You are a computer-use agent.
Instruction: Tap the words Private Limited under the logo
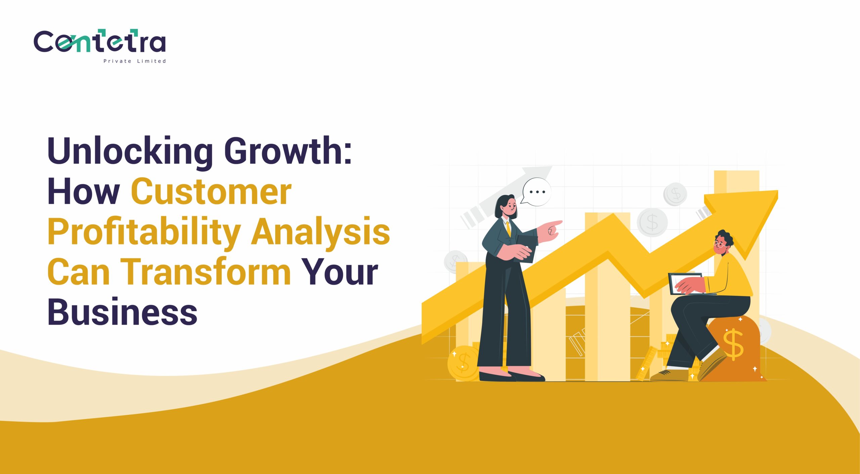(135, 61)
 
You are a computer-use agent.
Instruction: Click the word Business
(122, 311)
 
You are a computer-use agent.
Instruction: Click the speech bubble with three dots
(536, 192)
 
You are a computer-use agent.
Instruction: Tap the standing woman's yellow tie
(509, 228)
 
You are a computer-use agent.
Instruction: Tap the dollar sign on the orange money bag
(733, 345)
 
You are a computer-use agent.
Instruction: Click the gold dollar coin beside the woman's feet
(463, 364)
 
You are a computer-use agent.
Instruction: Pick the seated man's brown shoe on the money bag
(712, 364)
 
